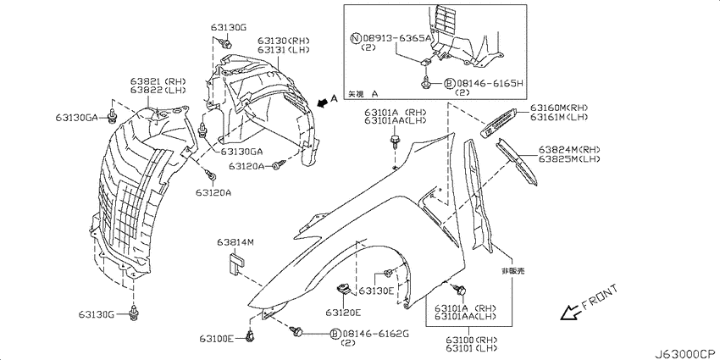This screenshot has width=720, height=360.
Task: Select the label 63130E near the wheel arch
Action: tap(376, 291)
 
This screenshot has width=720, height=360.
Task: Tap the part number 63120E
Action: tap(342, 313)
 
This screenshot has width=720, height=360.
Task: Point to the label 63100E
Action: tap(217, 339)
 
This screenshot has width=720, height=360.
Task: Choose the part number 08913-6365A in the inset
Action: tap(391, 39)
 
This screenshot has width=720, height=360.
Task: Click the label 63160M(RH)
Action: tap(560, 108)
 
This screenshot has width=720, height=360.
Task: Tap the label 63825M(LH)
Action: tap(568, 158)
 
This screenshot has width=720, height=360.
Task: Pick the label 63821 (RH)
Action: tap(152, 81)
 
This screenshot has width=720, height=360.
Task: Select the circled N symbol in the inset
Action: tap(356, 39)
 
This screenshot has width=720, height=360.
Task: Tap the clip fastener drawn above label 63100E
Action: tap(250, 336)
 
